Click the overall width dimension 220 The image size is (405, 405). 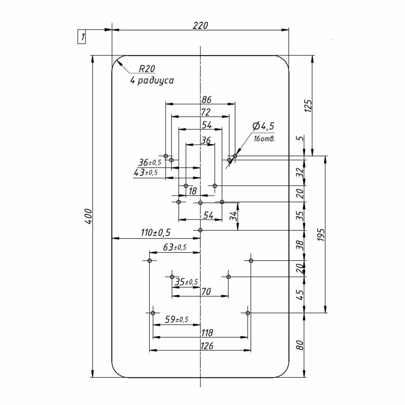point(200,25)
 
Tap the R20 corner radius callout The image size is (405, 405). point(147,69)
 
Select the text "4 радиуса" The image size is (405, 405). point(152,80)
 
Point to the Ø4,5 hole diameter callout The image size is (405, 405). point(263,126)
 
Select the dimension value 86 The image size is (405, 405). point(206,100)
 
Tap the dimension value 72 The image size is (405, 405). point(205,112)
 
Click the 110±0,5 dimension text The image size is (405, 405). point(156,232)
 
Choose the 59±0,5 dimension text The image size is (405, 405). point(176,320)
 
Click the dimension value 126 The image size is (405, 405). point(207,346)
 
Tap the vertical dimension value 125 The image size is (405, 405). point(308,106)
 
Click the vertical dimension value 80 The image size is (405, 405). point(300,345)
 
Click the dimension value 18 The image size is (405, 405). point(193,191)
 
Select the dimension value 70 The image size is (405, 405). point(206,292)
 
